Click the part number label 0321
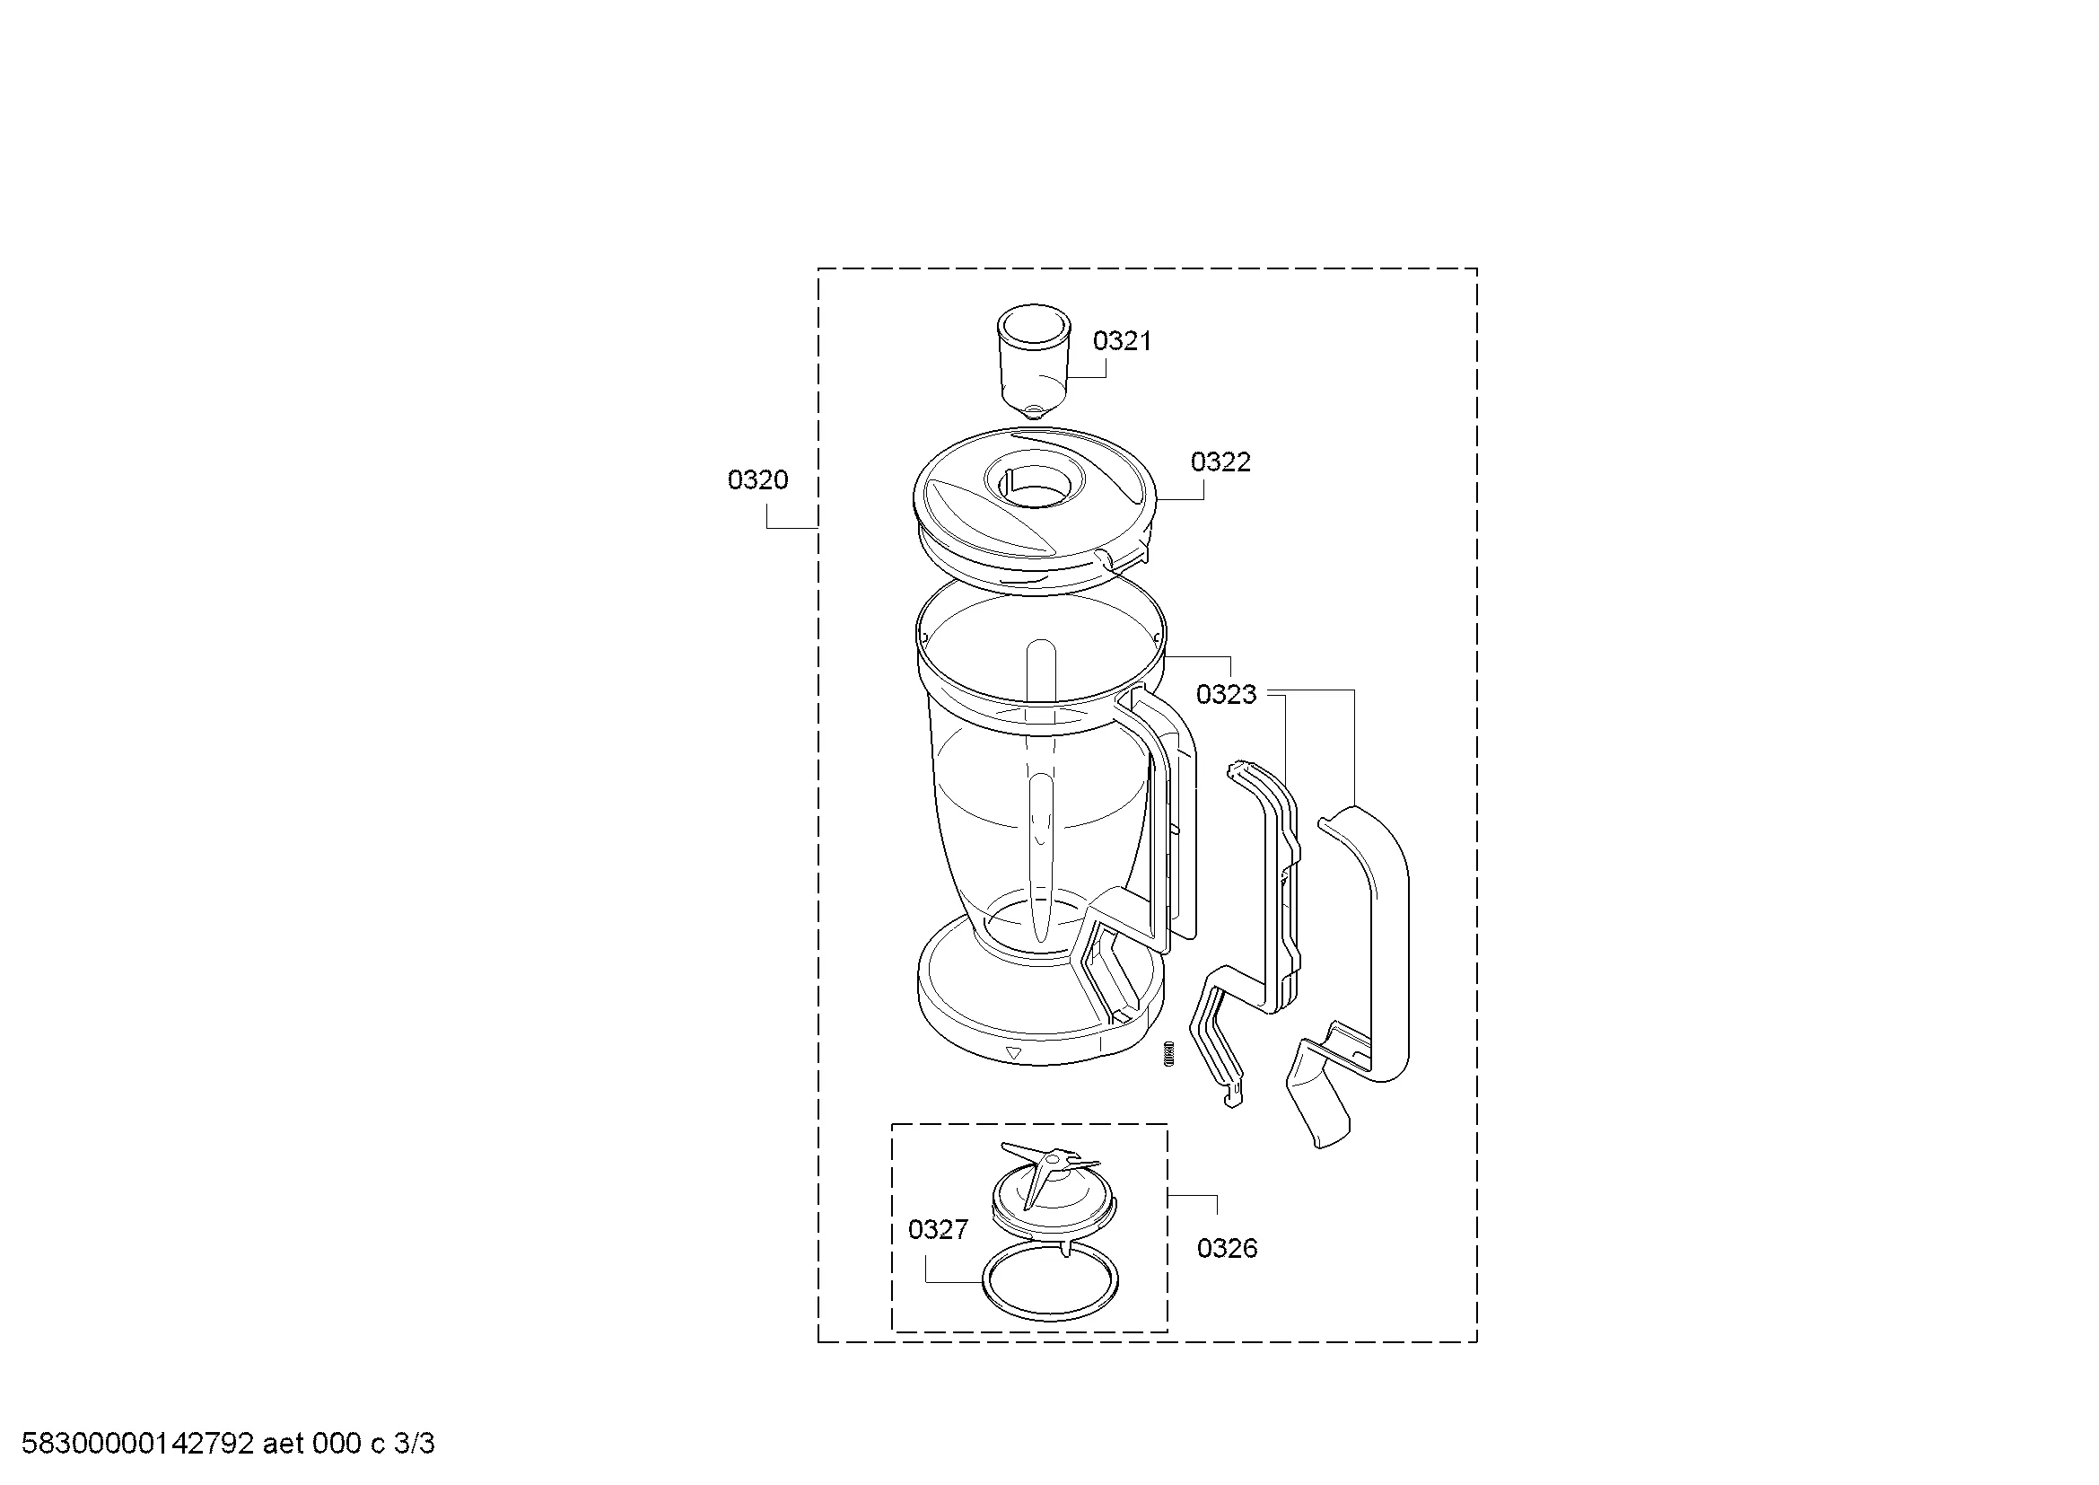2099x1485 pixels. click(x=1122, y=341)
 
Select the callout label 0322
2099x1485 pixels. click(x=1220, y=461)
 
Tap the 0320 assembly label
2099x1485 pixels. click(x=757, y=479)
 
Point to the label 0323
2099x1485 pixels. click(x=1226, y=694)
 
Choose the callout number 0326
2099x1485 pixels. click(x=1227, y=1248)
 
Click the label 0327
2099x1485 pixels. click(x=937, y=1230)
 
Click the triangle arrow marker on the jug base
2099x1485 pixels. click(x=1012, y=1053)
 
